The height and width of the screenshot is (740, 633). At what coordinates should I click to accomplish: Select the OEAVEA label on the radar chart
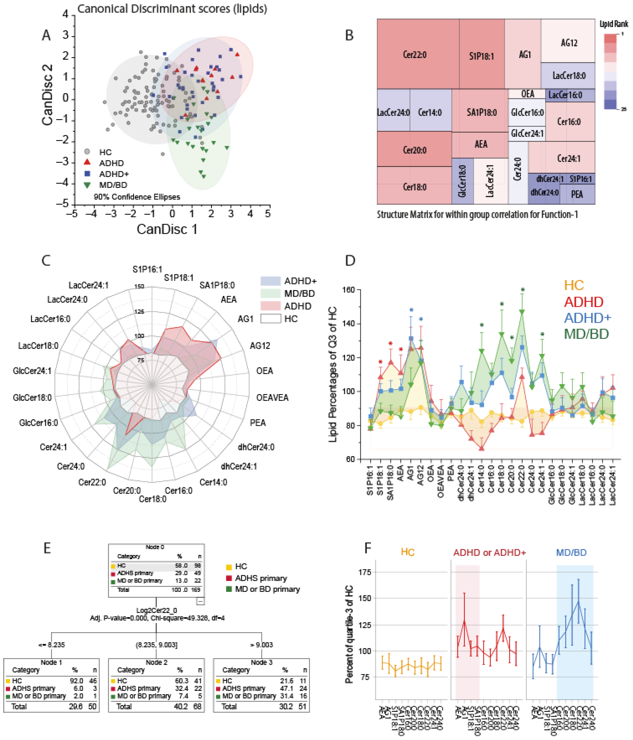tap(272, 398)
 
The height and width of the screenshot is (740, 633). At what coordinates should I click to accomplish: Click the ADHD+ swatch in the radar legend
tap(270, 281)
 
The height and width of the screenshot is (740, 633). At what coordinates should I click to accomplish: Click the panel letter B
tap(349, 35)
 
